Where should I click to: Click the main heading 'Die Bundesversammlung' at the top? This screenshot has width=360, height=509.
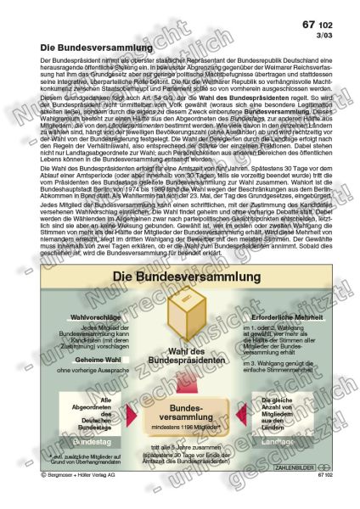point(93,49)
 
